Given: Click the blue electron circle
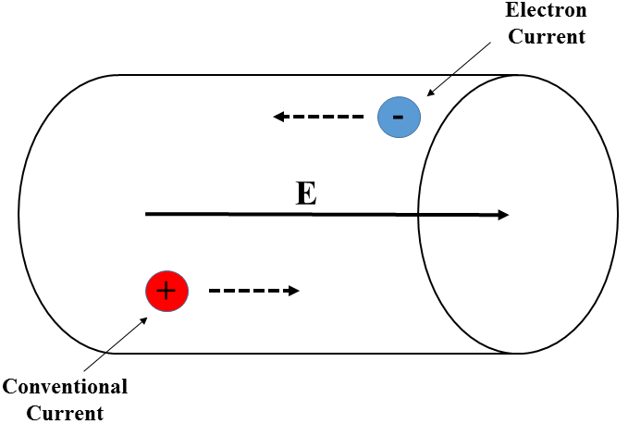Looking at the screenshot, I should point(400,118).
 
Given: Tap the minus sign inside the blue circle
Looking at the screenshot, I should point(399,118).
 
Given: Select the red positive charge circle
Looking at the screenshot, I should point(167,291).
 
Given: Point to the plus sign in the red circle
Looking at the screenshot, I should point(166,291).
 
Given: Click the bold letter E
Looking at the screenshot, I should point(305,193).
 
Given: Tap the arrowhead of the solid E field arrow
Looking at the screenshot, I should point(503,215).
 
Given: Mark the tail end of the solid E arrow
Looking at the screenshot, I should point(148,214).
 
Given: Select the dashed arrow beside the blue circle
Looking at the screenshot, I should point(319,117).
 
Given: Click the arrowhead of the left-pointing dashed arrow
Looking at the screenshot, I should point(277,117).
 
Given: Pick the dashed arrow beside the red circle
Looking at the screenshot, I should point(252,291).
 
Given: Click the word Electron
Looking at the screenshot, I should point(546,12).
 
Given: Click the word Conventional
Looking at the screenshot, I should point(65,386).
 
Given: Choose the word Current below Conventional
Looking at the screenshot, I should point(65,411).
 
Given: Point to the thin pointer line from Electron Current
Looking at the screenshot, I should point(458,69).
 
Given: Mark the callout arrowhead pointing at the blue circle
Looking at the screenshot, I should point(428,94).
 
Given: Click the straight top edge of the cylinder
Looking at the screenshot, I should point(277,75).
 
